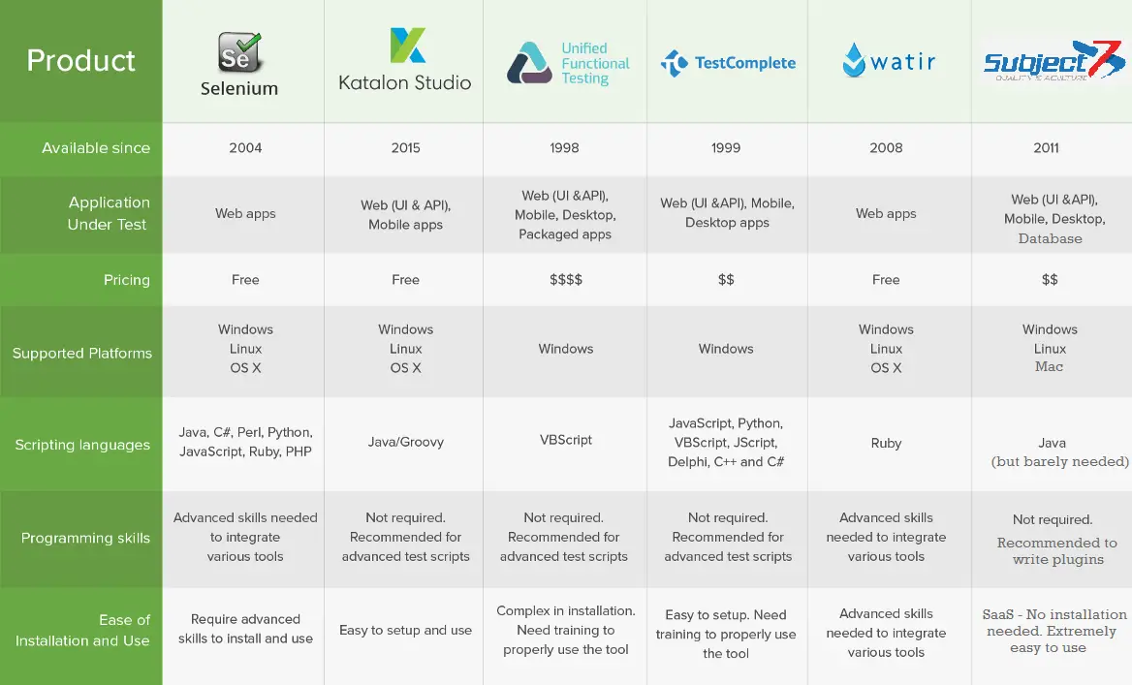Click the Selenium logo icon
(239, 52)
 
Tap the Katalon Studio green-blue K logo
(408, 46)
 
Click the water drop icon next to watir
(854, 60)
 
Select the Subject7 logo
(1054, 61)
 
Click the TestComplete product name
(745, 63)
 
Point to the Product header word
(80, 61)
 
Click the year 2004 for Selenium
(245, 148)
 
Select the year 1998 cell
(565, 148)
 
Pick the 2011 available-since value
(1046, 148)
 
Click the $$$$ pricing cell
(566, 279)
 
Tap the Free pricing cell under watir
(886, 279)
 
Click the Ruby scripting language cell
(886, 443)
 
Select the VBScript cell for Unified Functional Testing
(566, 440)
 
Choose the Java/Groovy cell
(406, 442)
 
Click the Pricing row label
(127, 280)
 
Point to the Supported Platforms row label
(82, 353)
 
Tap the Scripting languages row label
(82, 445)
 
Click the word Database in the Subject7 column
(1051, 239)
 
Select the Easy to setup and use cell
(406, 630)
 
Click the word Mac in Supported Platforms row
(1049, 366)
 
